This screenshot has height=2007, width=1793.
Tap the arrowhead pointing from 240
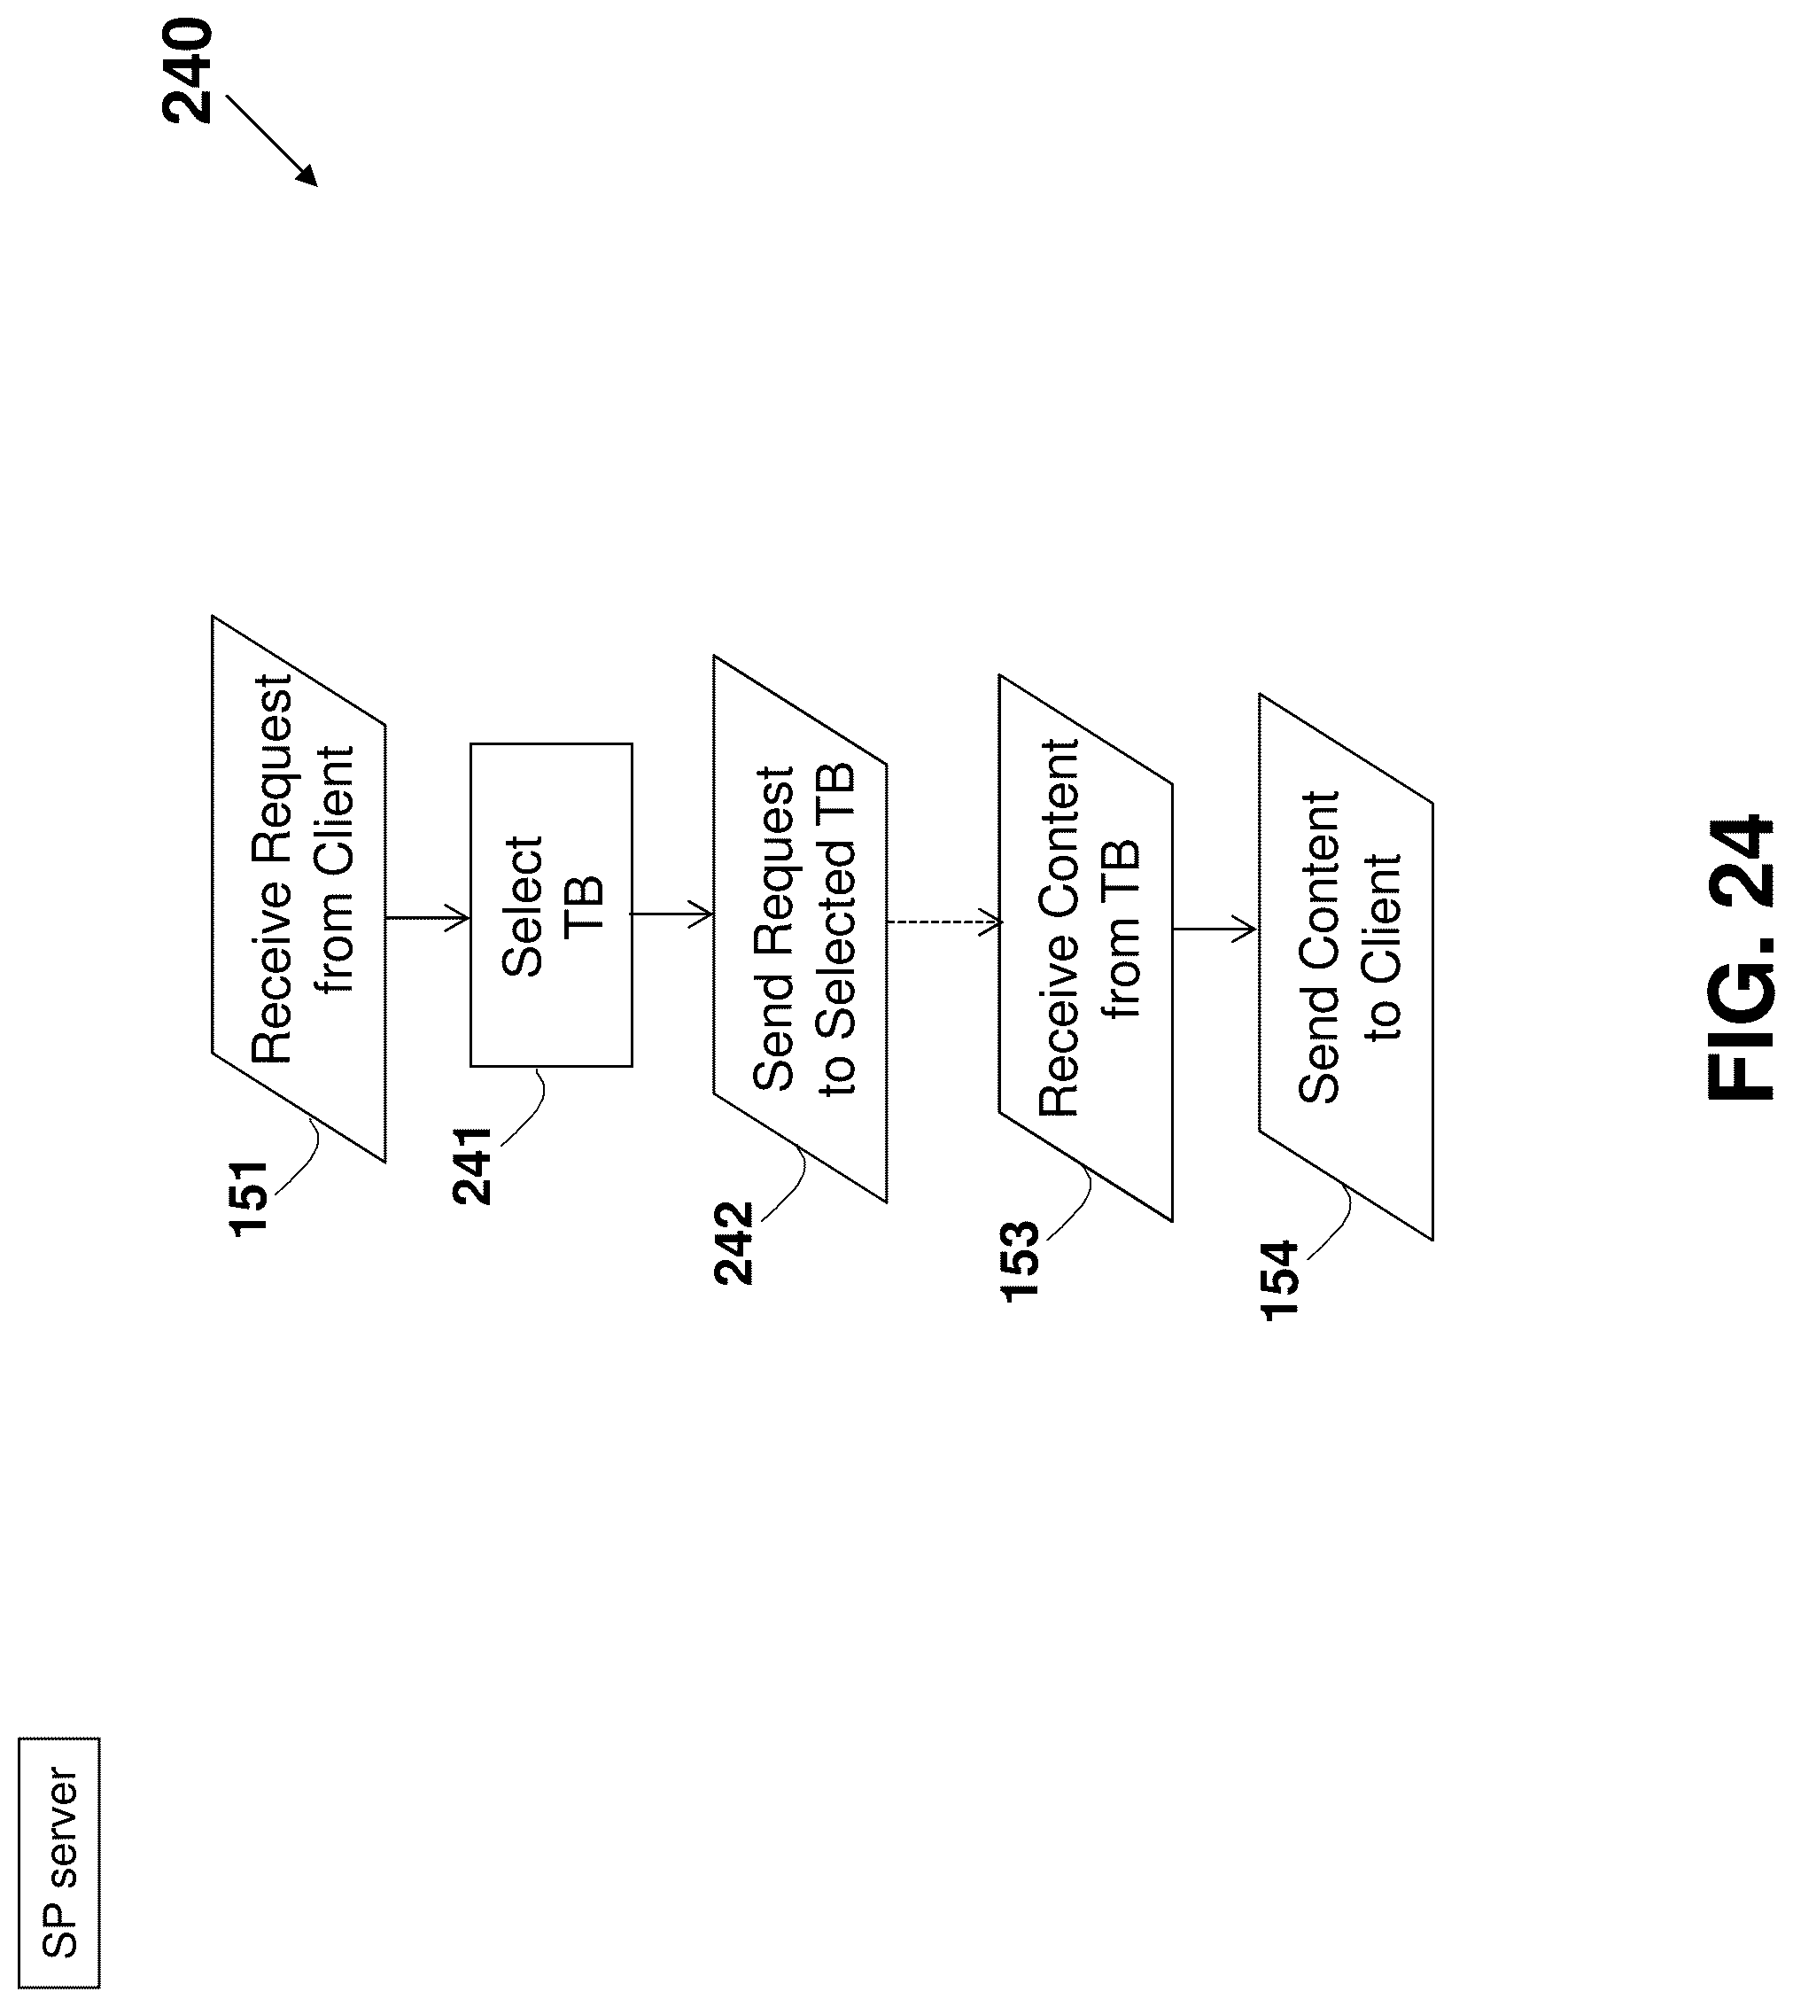click(x=307, y=176)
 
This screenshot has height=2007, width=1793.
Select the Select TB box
click(x=551, y=905)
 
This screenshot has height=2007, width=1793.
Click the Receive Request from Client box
click(x=299, y=889)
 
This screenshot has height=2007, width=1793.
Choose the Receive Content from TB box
click(x=1086, y=948)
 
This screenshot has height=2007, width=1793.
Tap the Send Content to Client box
click(x=1346, y=967)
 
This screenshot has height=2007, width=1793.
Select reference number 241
click(x=473, y=1165)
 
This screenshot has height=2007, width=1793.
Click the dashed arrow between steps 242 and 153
click(x=943, y=922)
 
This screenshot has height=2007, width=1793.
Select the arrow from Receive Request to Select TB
click(x=428, y=918)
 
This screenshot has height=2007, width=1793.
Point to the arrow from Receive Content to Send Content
click(x=1214, y=928)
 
